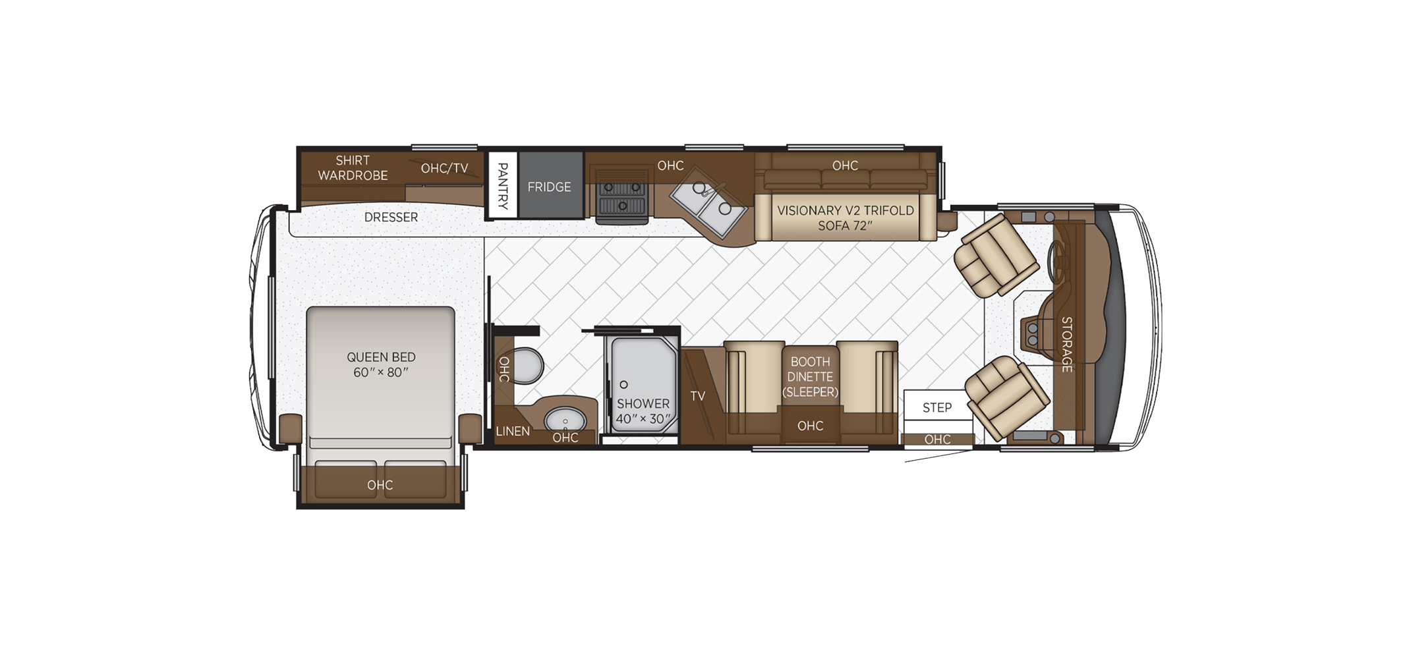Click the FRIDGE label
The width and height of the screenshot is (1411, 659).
(x=549, y=187)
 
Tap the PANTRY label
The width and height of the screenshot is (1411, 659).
(x=503, y=186)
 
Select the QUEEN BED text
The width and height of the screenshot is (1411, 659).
(x=381, y=357)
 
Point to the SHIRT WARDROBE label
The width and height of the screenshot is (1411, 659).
(x=353, y=168)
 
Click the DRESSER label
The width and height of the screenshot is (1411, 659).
(x=391, y=217)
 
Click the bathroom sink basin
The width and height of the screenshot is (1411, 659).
(x=565, y=419)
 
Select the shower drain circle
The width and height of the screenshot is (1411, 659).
(x=623, y=384)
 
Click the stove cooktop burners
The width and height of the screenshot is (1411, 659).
(x=621, y=196)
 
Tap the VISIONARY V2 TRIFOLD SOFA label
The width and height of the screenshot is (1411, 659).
(x=846, y=218)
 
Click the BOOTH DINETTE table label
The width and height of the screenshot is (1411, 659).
(x=810, y=377)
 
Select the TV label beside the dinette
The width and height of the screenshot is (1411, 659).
(x=698, y=396)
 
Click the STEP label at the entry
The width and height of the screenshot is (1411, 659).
(x=937, y=408)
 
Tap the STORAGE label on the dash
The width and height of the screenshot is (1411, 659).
(x=1066, y=344)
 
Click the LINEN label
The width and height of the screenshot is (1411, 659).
(x=513, y=432)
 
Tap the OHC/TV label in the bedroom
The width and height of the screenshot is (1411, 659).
(x=445, y=169)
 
